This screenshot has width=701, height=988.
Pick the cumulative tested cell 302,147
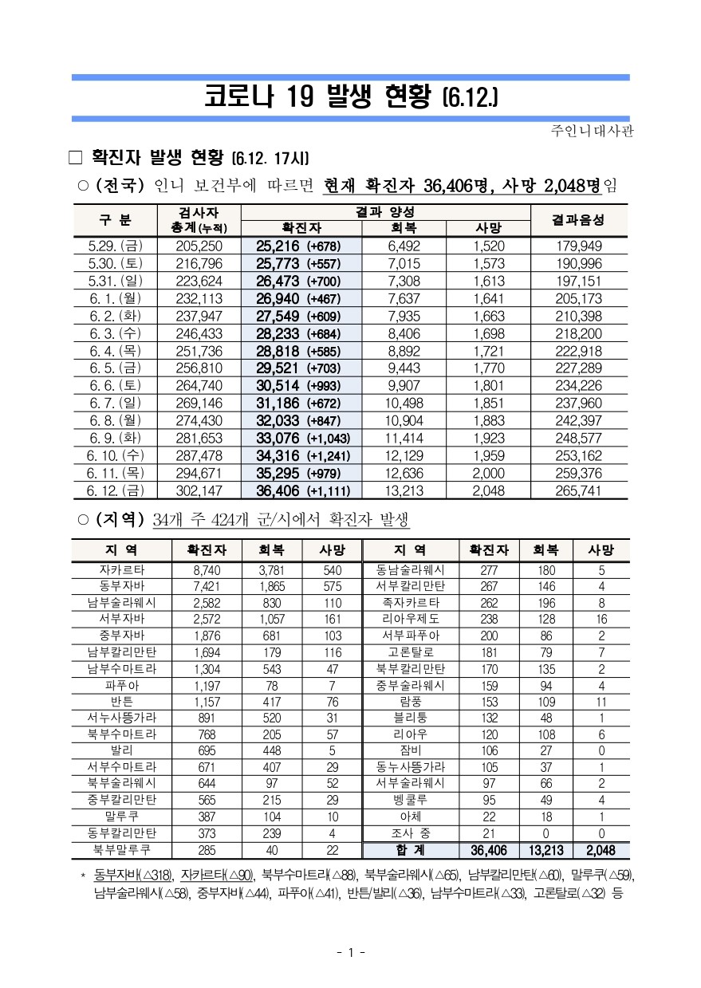click(x=198, y=490)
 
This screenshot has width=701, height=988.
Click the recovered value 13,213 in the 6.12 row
click(x=403, y=490)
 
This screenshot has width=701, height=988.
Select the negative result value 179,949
click(x=579, y=246)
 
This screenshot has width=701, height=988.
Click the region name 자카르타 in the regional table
click(x=122, y=570)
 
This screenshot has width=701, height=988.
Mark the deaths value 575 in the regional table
click(x=332, y=586)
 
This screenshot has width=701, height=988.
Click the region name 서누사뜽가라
click(x=122, y=717)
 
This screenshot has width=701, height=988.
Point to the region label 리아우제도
click(x=410, y=619)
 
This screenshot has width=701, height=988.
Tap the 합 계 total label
click(x=410, y=850)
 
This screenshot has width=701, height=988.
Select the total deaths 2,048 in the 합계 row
click(x=601, y=850)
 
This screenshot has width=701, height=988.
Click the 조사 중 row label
click(x=410, y=833)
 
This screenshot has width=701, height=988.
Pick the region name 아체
click(x=410, y=817)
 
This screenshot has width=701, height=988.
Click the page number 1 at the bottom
click(x=350, y=952)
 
